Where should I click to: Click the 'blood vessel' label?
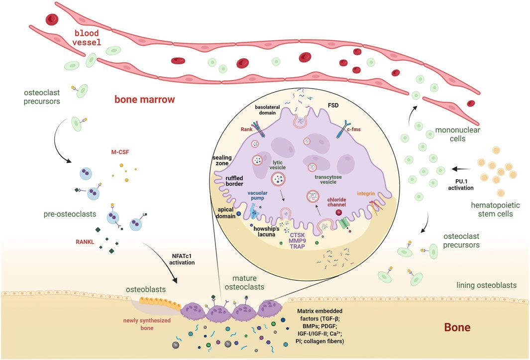(x=87, y=38)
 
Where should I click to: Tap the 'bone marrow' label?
(x=144, y=100)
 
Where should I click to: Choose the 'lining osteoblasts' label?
(x=486, y=285)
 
